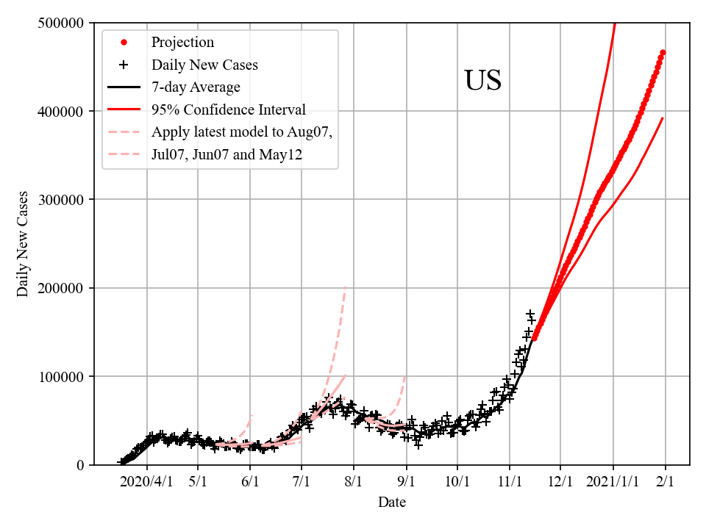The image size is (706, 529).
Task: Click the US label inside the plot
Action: (482, 81)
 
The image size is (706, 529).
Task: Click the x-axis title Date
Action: (391, 503)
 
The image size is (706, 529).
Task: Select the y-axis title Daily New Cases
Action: (23, 244)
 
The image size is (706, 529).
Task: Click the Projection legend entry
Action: (182, 42)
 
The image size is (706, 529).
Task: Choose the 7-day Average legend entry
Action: (196, 87)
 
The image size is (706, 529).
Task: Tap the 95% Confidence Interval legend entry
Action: (228, 110)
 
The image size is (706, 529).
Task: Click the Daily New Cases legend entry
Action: (204, 65)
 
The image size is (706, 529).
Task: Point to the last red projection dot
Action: (663, 52)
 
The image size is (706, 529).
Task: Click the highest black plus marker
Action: (529, 314)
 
